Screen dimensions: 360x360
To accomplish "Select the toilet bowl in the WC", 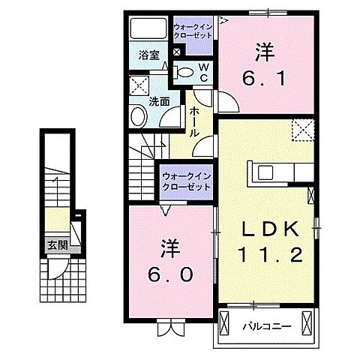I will [184, 72].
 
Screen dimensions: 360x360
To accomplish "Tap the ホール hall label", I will [194, 120].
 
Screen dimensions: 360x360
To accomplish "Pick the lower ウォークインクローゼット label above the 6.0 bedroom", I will [186, 181].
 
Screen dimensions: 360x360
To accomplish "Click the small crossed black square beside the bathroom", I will [176, 52].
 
